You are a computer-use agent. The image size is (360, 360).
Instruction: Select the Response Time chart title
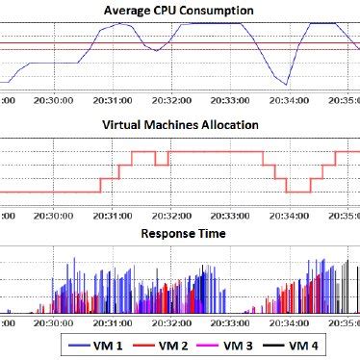point(184,233)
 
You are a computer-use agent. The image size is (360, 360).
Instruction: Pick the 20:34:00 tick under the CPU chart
point(287,98)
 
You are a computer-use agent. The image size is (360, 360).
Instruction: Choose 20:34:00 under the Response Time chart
point(287,324)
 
